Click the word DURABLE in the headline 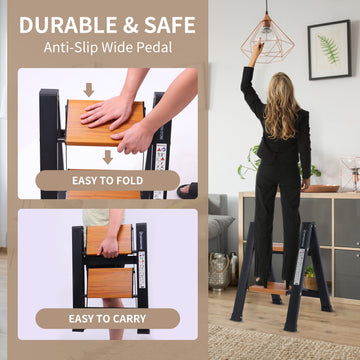67,25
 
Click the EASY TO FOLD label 108,181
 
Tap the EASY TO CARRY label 108,319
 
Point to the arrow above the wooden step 89,90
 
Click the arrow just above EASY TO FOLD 108,157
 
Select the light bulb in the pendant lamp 266,29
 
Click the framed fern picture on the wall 329,50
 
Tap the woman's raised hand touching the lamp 258,48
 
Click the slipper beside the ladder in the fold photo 188,191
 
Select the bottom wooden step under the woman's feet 269,287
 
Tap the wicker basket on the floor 219,267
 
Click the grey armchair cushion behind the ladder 220,225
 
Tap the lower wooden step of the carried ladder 110,283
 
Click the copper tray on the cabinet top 322,189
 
